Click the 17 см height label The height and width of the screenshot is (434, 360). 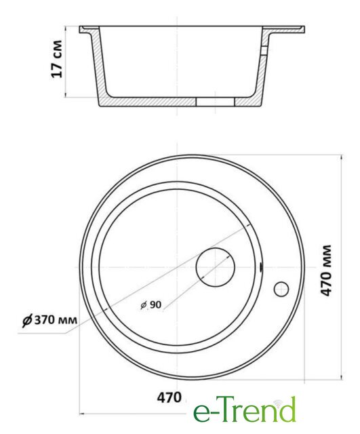click(x=57, y=59)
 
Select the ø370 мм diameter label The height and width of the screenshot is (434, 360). click(x=49, y=320)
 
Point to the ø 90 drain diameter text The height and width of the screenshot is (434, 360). click(x=151, y=304)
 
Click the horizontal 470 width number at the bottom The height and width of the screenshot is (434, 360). click(x=169, y=398)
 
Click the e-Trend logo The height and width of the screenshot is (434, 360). click(x=245, y=410)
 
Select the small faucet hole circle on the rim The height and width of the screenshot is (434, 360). click(x=281, y=282)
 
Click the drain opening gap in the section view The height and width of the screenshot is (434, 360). click(x=215, y=102)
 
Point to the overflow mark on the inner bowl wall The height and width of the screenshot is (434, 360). click(x=261, y=268)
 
